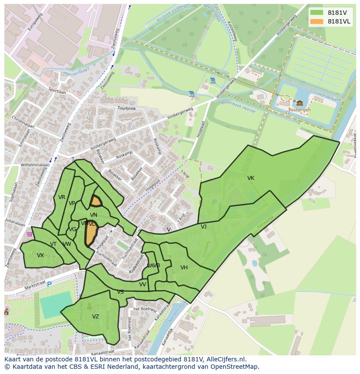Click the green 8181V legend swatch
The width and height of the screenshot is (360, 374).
pos(317,13)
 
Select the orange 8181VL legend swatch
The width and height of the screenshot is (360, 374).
pos(317,21)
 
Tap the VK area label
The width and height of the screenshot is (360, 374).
pos(251,178)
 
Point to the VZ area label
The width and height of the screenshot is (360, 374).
pos(96,317)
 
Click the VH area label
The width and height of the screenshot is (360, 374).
pos(184,268)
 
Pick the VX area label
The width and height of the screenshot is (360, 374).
pos(40,255)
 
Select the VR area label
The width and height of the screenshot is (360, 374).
pos(62,197)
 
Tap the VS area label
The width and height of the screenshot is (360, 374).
pos(120,292)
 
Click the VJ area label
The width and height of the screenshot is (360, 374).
pos(203,227)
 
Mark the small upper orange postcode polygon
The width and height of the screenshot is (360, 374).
pos(96,201)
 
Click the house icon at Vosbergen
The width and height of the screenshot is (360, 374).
pos(300,103)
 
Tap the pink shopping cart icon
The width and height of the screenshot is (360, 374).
pos(29,234)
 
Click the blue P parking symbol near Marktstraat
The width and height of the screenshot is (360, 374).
pos(49,284)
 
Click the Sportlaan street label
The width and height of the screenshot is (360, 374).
pos(57,91)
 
